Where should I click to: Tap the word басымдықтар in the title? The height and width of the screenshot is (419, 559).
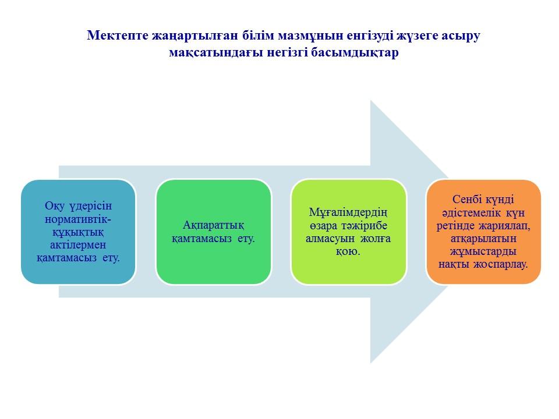[x=355, y=52]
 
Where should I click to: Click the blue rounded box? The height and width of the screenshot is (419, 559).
[x=78, y=232]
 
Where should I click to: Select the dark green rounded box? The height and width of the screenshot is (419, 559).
[x=213, y=232]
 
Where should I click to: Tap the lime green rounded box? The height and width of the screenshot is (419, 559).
[x=348, y=232]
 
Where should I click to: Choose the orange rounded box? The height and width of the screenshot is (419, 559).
[x=483, y=232]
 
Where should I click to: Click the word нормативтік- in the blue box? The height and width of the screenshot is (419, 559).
[x=78, y=219]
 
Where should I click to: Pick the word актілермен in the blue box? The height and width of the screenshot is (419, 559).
[x=78, y=245]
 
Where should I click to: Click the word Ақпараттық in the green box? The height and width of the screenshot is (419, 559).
[x=213, y=225]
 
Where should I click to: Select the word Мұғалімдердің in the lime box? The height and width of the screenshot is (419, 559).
[x=348, y=213]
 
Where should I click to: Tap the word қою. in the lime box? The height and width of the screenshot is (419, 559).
[x=348, y=251]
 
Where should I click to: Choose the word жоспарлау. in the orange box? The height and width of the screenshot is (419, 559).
[x=501, y=264]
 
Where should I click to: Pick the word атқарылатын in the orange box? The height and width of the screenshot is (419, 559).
[x=483, y=239]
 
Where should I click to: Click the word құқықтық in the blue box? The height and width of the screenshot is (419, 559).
[x=78, y=232]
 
